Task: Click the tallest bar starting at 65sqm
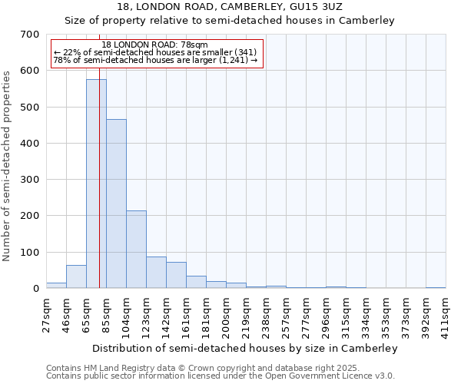point(96,184)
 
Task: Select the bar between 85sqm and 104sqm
point(116,204)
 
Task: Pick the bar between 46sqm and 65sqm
point(76,276)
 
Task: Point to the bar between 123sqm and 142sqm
point(156,273)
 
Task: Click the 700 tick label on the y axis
point(30,35)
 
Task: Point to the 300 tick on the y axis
point(30,180)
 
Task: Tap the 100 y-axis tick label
point(30,252)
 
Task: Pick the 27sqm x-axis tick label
point(46,313)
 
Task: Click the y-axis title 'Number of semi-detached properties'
point(7,165)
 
